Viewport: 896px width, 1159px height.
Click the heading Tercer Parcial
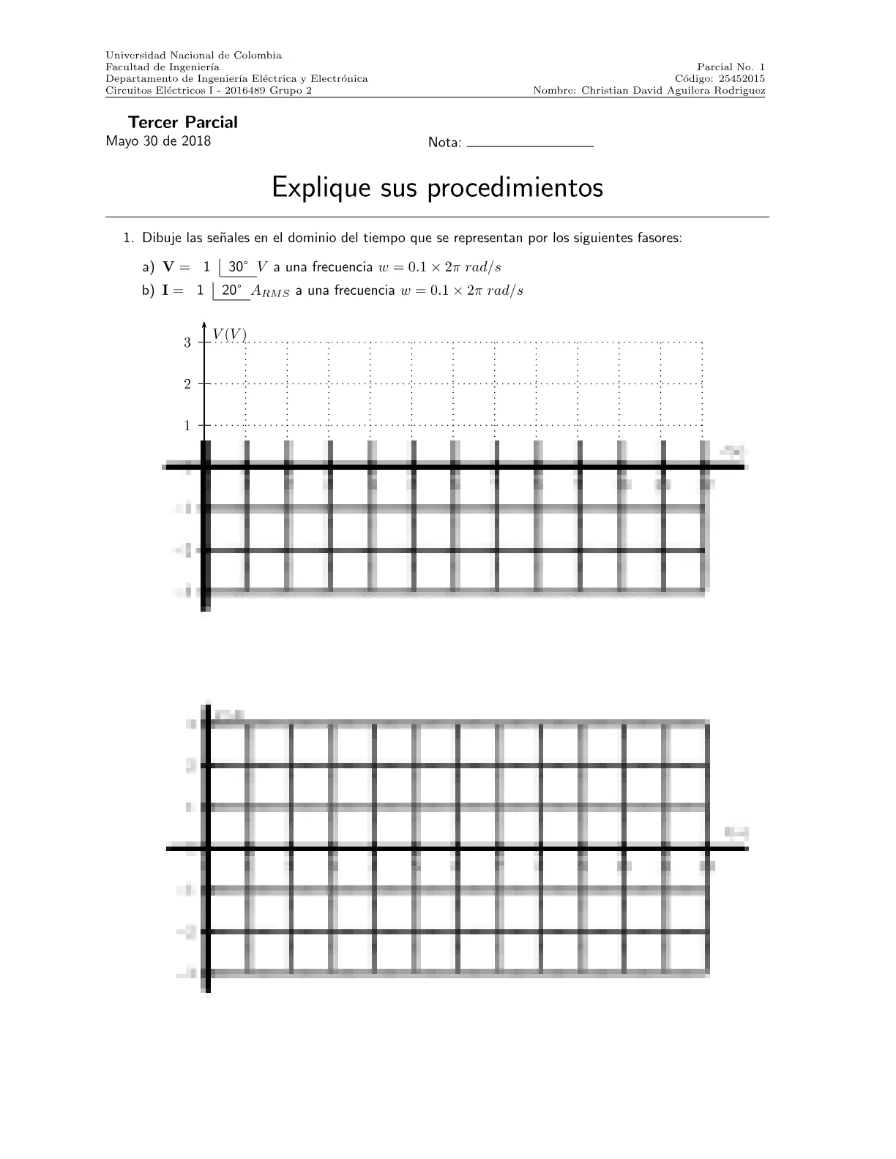182,122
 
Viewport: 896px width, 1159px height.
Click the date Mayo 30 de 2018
158,141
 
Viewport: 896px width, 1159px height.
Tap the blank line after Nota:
529,145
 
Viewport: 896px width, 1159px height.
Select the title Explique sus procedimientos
437,187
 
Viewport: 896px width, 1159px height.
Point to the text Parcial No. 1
731,67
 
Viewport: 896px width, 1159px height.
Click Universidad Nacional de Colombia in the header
193,55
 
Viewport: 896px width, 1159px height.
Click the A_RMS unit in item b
270,291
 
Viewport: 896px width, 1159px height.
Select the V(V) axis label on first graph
229,334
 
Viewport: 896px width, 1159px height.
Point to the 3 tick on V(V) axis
187,342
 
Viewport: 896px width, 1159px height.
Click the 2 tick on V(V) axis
187,384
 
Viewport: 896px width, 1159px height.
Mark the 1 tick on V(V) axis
187,425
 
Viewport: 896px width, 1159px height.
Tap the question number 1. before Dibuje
129,239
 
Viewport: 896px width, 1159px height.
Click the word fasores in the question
660,239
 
